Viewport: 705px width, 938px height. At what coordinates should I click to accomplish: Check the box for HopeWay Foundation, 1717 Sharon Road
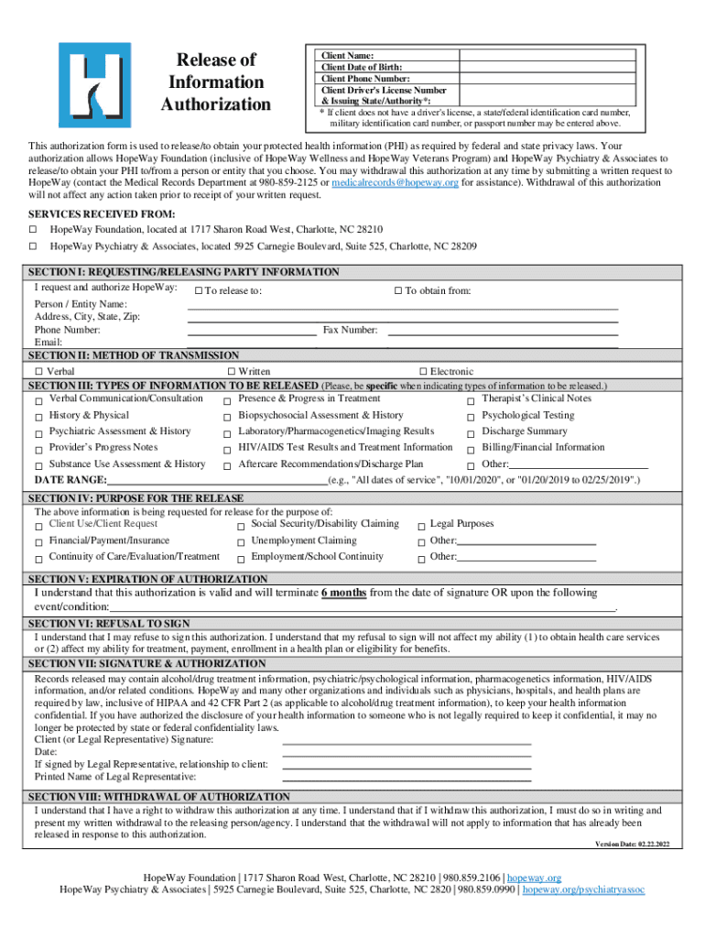[x=33, y=230]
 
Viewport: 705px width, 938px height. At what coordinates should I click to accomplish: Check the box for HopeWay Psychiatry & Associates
[x=33, y=247]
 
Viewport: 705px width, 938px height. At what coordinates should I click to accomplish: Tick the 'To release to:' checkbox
[x=198, y=291]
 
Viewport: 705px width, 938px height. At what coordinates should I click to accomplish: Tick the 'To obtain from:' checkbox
[x=398, y=291]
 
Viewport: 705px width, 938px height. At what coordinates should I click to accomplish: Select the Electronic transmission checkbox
[x=423, y=372]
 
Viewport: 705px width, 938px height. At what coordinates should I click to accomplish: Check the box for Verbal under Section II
[x=39, y=372]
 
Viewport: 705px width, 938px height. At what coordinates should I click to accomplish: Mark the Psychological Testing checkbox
[x=471, y=417]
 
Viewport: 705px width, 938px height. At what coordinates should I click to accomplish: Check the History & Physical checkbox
[x=39, y=417]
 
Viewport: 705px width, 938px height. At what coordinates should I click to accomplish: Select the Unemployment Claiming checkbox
[x=241, y=542]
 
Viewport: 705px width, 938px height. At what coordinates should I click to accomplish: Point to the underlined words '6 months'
[x=343, y=593]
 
